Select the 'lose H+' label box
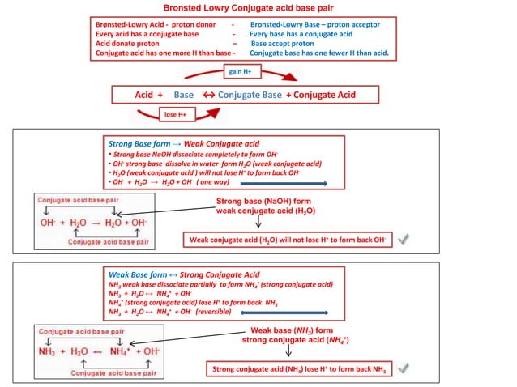[175, 114]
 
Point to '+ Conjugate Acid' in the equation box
[321, 95]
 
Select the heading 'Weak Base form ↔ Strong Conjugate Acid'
[184, 274]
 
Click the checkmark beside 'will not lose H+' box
[403, 239]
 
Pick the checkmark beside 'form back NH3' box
[403, 368]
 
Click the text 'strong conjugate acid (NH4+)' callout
[289, 340]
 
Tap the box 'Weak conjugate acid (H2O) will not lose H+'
[286, 240]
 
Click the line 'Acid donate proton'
[127, 44]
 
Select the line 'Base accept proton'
[282, 44]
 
